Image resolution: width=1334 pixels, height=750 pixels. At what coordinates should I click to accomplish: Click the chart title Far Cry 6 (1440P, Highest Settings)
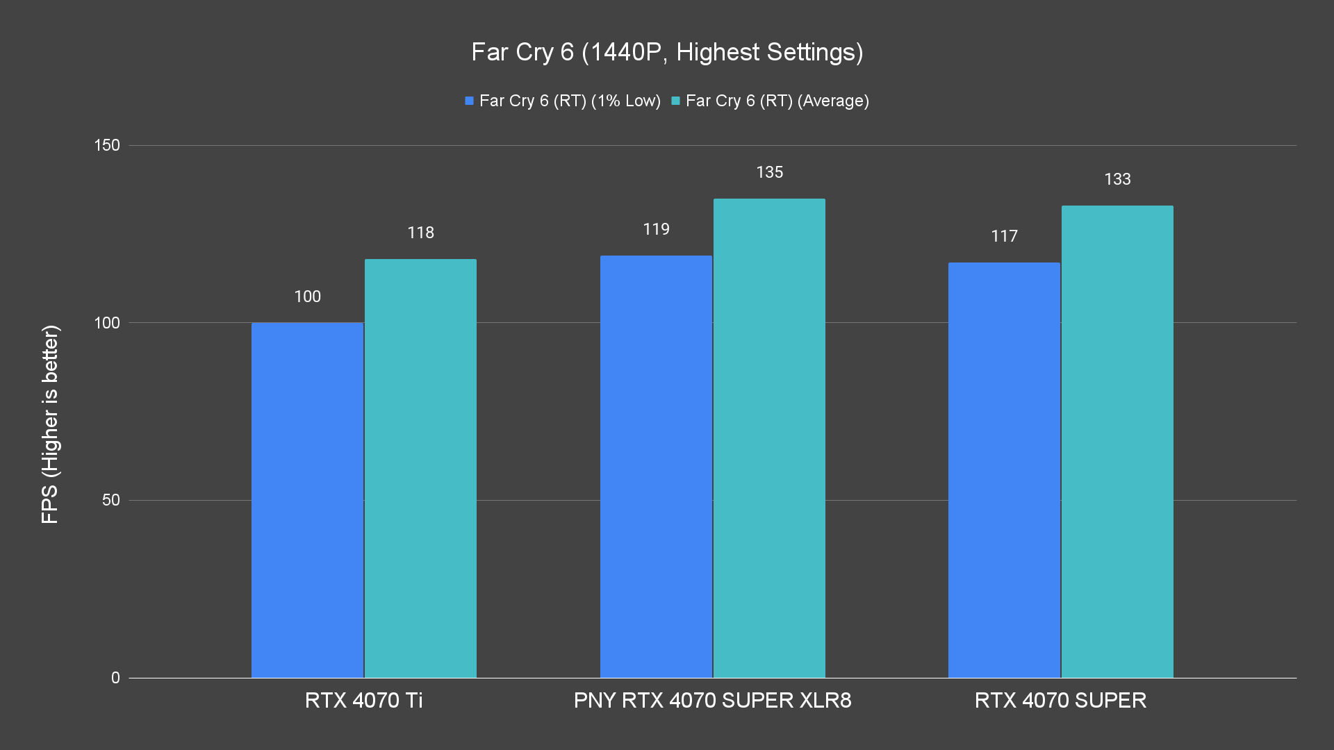(x=667, y=52)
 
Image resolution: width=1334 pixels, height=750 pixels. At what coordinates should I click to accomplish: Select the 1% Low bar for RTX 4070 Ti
(x=307, y=500)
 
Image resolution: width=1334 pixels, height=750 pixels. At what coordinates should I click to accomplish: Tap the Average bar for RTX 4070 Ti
(x=420, y=469)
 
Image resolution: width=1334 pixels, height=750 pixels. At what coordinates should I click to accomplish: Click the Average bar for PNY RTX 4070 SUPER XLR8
(x=769, y=438)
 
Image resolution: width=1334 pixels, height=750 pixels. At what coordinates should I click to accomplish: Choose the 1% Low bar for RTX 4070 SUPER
(x=1004, y=470)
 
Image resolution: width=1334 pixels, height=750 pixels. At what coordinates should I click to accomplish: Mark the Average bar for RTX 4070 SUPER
(x=1117, y=442)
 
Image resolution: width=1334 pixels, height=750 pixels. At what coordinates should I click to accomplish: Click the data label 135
(x=769, y=172)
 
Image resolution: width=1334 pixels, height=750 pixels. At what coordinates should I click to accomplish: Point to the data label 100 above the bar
(x=307, y=297)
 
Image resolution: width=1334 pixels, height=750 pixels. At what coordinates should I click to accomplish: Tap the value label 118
(x=420, y=233)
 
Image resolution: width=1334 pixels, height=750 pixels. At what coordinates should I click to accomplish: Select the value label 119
(x=656, y=229)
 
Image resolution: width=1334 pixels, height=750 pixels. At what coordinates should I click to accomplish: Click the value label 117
(x=1004, y=236)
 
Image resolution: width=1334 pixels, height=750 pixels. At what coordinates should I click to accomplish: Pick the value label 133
(x=1117, y=179)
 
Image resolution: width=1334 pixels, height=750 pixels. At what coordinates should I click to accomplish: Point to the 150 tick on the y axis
(x=107, y=145)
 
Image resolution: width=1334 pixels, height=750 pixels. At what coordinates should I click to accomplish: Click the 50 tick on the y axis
(x=111, y=500)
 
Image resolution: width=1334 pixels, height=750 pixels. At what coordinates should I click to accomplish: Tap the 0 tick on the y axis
(x=115, y=678)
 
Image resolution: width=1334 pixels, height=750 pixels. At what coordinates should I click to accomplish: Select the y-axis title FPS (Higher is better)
(x=50, y=424)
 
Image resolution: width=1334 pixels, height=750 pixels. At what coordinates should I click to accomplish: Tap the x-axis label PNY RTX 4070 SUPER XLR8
(x=712, y=700)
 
